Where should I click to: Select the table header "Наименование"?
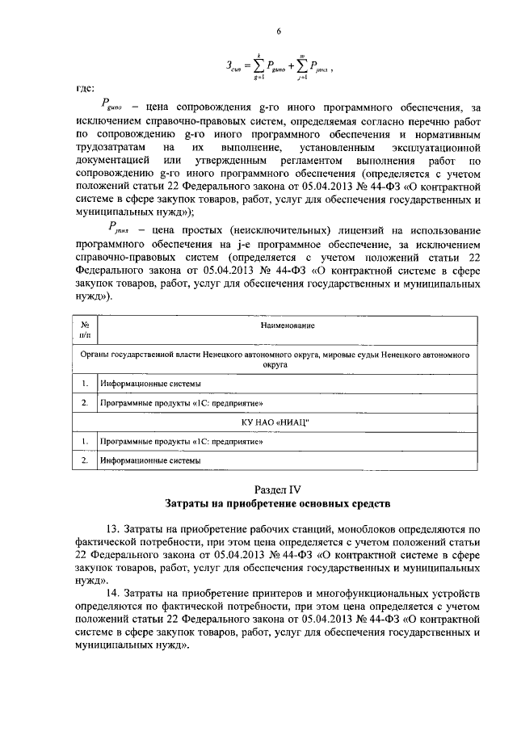point(287,325)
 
